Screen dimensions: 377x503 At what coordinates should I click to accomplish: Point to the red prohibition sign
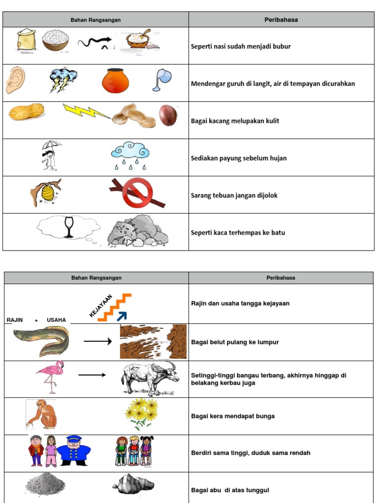click(137, 193)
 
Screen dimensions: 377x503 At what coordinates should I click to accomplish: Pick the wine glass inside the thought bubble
click(69, 227)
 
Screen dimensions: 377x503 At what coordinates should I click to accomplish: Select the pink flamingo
click(50, 376)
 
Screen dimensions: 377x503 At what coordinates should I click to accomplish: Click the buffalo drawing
click(149, 379)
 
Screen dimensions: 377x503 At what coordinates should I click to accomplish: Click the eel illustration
click(42, 341)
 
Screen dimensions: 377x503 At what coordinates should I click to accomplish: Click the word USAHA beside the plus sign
click(56, 320)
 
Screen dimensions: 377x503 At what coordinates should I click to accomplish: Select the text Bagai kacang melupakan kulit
click(235, 121)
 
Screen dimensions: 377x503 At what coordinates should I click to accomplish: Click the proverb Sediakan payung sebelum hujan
click(239, 158)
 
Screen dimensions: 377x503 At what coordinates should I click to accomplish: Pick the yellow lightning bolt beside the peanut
click(86, 112)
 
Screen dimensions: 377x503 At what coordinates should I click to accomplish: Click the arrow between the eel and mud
click(98, 340)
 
